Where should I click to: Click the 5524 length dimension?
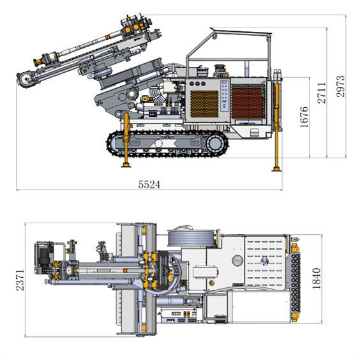(149, 184)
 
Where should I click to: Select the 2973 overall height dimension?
(340, 86)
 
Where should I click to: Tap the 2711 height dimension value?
(322, 93)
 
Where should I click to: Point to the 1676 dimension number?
(304, 117)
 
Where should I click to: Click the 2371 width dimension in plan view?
(20, 280)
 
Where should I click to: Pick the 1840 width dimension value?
(317, 278)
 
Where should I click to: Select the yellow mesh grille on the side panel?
(204, 104)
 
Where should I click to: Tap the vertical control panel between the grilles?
(225, 96)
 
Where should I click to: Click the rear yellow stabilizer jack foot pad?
(276, 169)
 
